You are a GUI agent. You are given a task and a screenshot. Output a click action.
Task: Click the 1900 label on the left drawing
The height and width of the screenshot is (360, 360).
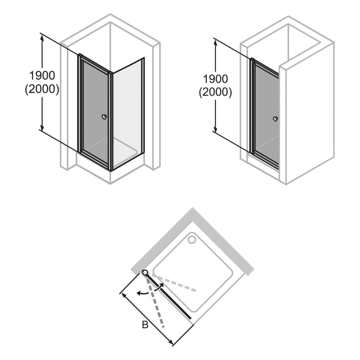pyautogui.click(x=42, y=76)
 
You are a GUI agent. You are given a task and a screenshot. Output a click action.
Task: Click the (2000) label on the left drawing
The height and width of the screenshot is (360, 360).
pyautogui.click(x=42, y=88)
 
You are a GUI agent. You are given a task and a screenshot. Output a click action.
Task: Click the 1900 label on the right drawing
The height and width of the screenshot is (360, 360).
pyautogui.click(x=215, y=79)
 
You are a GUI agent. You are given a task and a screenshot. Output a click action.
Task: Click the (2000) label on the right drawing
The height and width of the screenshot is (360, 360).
pyautogui.click(x=215, y=93)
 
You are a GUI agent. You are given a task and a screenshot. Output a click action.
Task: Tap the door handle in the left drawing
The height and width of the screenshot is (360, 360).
pyautogui.click(x=104, y=117)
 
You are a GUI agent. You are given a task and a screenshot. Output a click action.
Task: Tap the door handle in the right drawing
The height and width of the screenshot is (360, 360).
pyautogui.click(x=276, y=119)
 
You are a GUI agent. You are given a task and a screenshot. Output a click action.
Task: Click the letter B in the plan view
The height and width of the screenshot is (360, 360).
pyautogui.click(x=146, y=325)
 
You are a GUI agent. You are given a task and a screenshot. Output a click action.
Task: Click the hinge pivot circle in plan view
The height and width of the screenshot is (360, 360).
pyautogui.click(x=146, y=273)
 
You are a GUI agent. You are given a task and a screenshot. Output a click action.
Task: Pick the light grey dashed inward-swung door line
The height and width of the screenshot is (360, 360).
pyautogui.click(x=175, y=283)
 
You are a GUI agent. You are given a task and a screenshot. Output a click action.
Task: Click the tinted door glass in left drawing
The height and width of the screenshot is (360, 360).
pyautogui.click(x=95, y=111)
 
